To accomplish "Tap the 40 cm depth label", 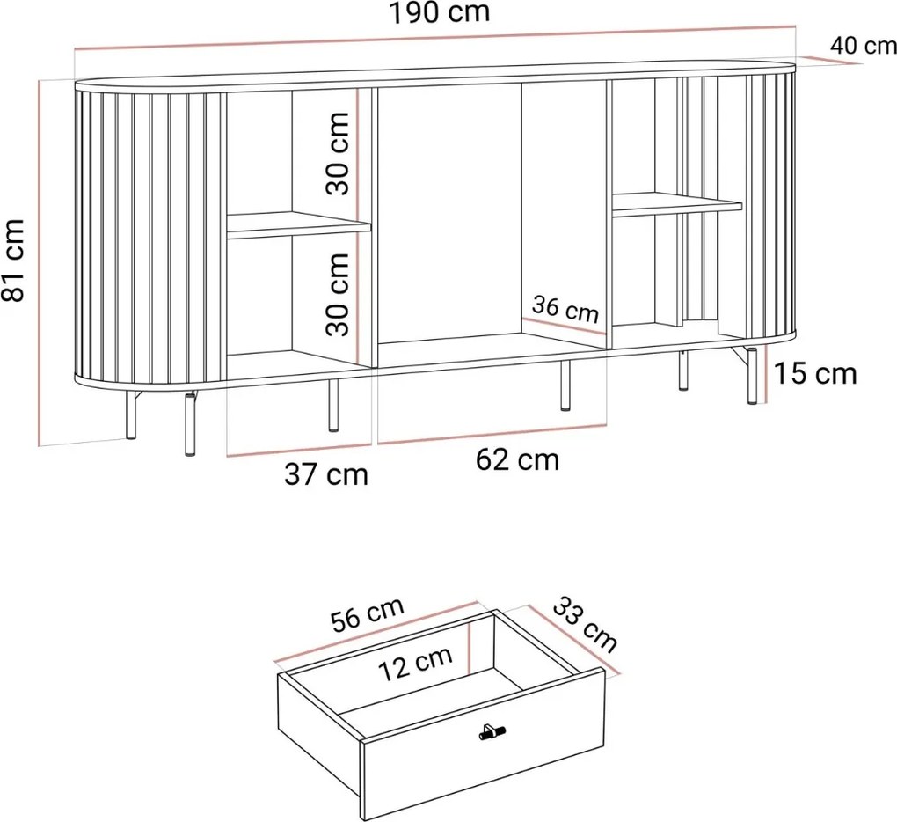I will [x=863, y=46].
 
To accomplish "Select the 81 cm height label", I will [x=15, y=261].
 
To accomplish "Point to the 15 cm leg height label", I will [x=814, y=373].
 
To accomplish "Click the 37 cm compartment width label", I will [x=325, y=475].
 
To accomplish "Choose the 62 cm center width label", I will [x=517, y=459].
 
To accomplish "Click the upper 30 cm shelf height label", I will [x=337, y=152].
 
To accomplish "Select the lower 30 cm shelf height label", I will [x=337, y=294].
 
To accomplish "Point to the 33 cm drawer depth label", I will [x=585, y=623].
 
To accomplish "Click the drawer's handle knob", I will [x=488, y=731].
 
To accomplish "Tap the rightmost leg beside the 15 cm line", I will [x=752, y=376].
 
